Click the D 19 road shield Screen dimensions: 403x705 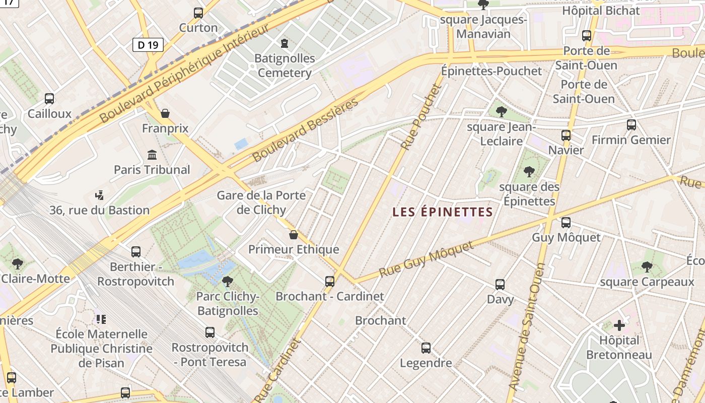(148, 45)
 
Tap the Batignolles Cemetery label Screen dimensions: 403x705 (285, 65)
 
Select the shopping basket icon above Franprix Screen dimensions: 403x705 (165, 113)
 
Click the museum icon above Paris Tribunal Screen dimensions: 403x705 (152, 155)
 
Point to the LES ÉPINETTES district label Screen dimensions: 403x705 (442, 212)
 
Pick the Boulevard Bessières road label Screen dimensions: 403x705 (306, 129)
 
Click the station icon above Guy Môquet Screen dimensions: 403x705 (566, 222)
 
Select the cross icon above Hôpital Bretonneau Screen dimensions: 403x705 (619, 325)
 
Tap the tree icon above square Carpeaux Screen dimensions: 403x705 (647, 267)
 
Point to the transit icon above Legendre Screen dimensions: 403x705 (426, 348)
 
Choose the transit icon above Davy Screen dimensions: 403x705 (500, 284)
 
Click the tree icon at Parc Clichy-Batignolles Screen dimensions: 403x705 (228, 281)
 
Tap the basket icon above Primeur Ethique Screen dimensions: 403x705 (294, 235)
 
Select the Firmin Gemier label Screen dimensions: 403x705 (631, 140)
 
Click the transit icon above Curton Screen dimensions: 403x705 (198, 13)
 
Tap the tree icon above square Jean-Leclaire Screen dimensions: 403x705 (501, 111)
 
